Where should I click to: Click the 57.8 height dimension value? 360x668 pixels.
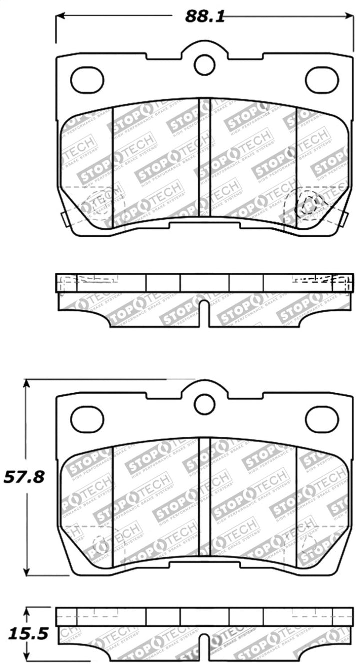24,477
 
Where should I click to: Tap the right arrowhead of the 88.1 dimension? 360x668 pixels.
349,16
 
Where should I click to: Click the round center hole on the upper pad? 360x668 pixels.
204,65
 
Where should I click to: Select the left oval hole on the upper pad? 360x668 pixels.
87,80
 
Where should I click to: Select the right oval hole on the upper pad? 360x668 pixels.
322,80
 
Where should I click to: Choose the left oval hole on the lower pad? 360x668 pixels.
87,419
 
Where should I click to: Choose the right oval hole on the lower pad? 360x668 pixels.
322,419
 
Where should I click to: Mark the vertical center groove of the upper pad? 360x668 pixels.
205,158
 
